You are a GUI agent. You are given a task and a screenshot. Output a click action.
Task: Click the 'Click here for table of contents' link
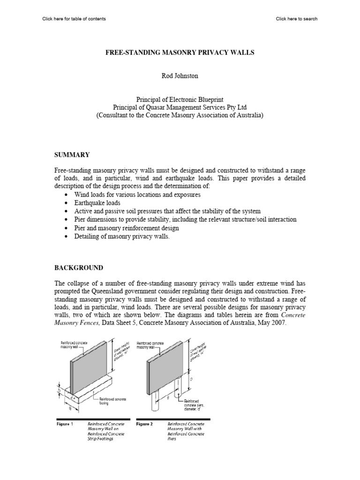[x=74, y=19]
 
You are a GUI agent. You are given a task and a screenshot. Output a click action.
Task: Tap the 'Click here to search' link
[x=296, y=19]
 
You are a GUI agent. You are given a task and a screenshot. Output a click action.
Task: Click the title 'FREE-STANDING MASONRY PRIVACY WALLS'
[x=180, y=53]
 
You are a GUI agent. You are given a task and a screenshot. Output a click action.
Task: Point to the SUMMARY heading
[x=72, y=155]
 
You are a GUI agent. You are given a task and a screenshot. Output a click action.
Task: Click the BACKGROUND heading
[x=79, y=268]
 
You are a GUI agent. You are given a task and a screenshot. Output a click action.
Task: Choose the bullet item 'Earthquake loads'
[x=97, y=203]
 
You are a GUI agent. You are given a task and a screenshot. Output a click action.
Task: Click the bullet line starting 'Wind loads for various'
[x=137, y=195]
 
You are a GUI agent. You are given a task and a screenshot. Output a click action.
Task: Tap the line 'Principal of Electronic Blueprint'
[x=180, y=99]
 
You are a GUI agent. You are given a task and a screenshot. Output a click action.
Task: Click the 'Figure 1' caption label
[x=65, y=424]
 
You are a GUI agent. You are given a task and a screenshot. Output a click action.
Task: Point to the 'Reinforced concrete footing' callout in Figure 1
[x=113, y=401]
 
